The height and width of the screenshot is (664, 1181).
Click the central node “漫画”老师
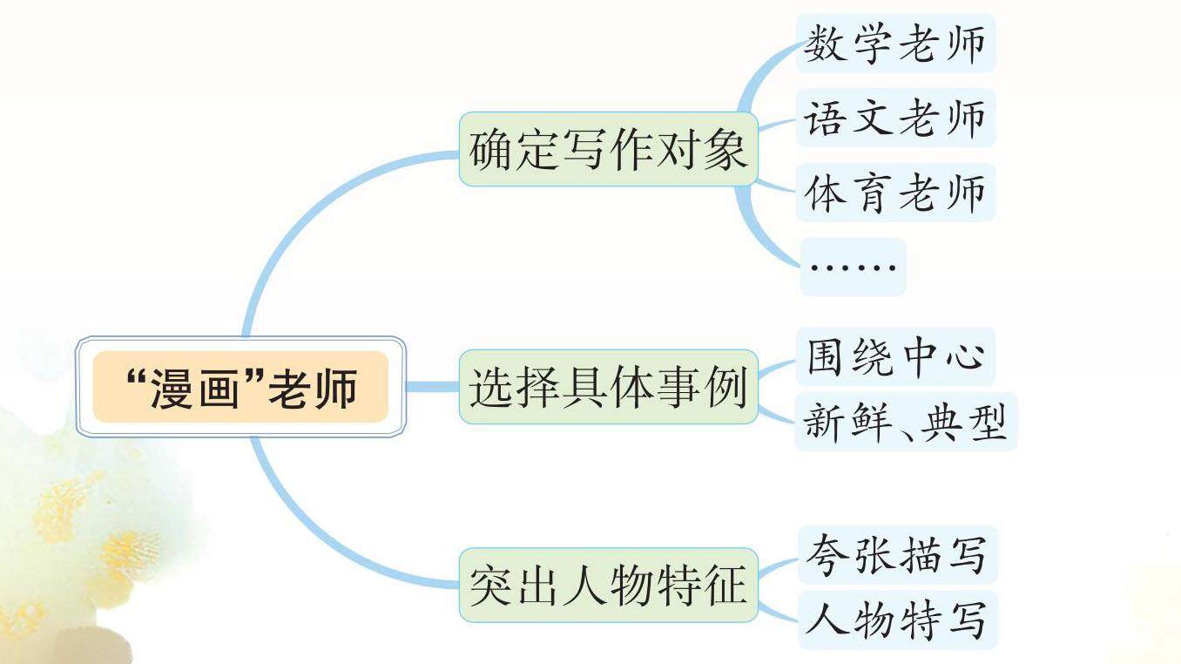(x=240, y=387)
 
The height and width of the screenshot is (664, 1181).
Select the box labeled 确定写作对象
(x=608, y=149)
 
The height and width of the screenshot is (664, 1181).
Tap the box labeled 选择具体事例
(x=608, y=387)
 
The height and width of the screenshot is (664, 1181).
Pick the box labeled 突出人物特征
(x=608, y=585)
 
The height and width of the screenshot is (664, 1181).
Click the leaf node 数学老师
(x=894, y=44)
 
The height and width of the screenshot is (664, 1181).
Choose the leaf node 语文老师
(x=894, y=118)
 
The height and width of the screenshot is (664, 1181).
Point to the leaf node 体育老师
(x=894, y=192)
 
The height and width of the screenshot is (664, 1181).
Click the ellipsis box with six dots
(x=853, y=266)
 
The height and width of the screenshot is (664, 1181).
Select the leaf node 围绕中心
(x=894, y=356)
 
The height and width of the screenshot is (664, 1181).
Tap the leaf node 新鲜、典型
(x=905, y=423)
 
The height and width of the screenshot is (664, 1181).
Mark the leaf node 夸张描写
(x=896, y=554)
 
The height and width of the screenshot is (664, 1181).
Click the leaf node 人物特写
(x=896, y=620)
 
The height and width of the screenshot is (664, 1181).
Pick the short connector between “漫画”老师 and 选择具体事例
(x=433, y=387)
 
